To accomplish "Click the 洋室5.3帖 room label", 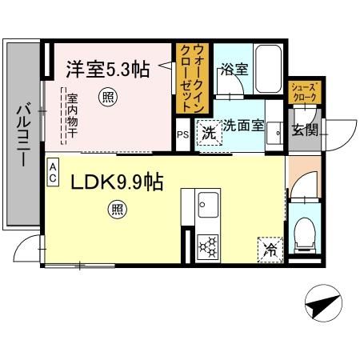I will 106,70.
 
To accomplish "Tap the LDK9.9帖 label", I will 117,182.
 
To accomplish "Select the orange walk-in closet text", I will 193,79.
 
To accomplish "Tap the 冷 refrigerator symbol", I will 270,249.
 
